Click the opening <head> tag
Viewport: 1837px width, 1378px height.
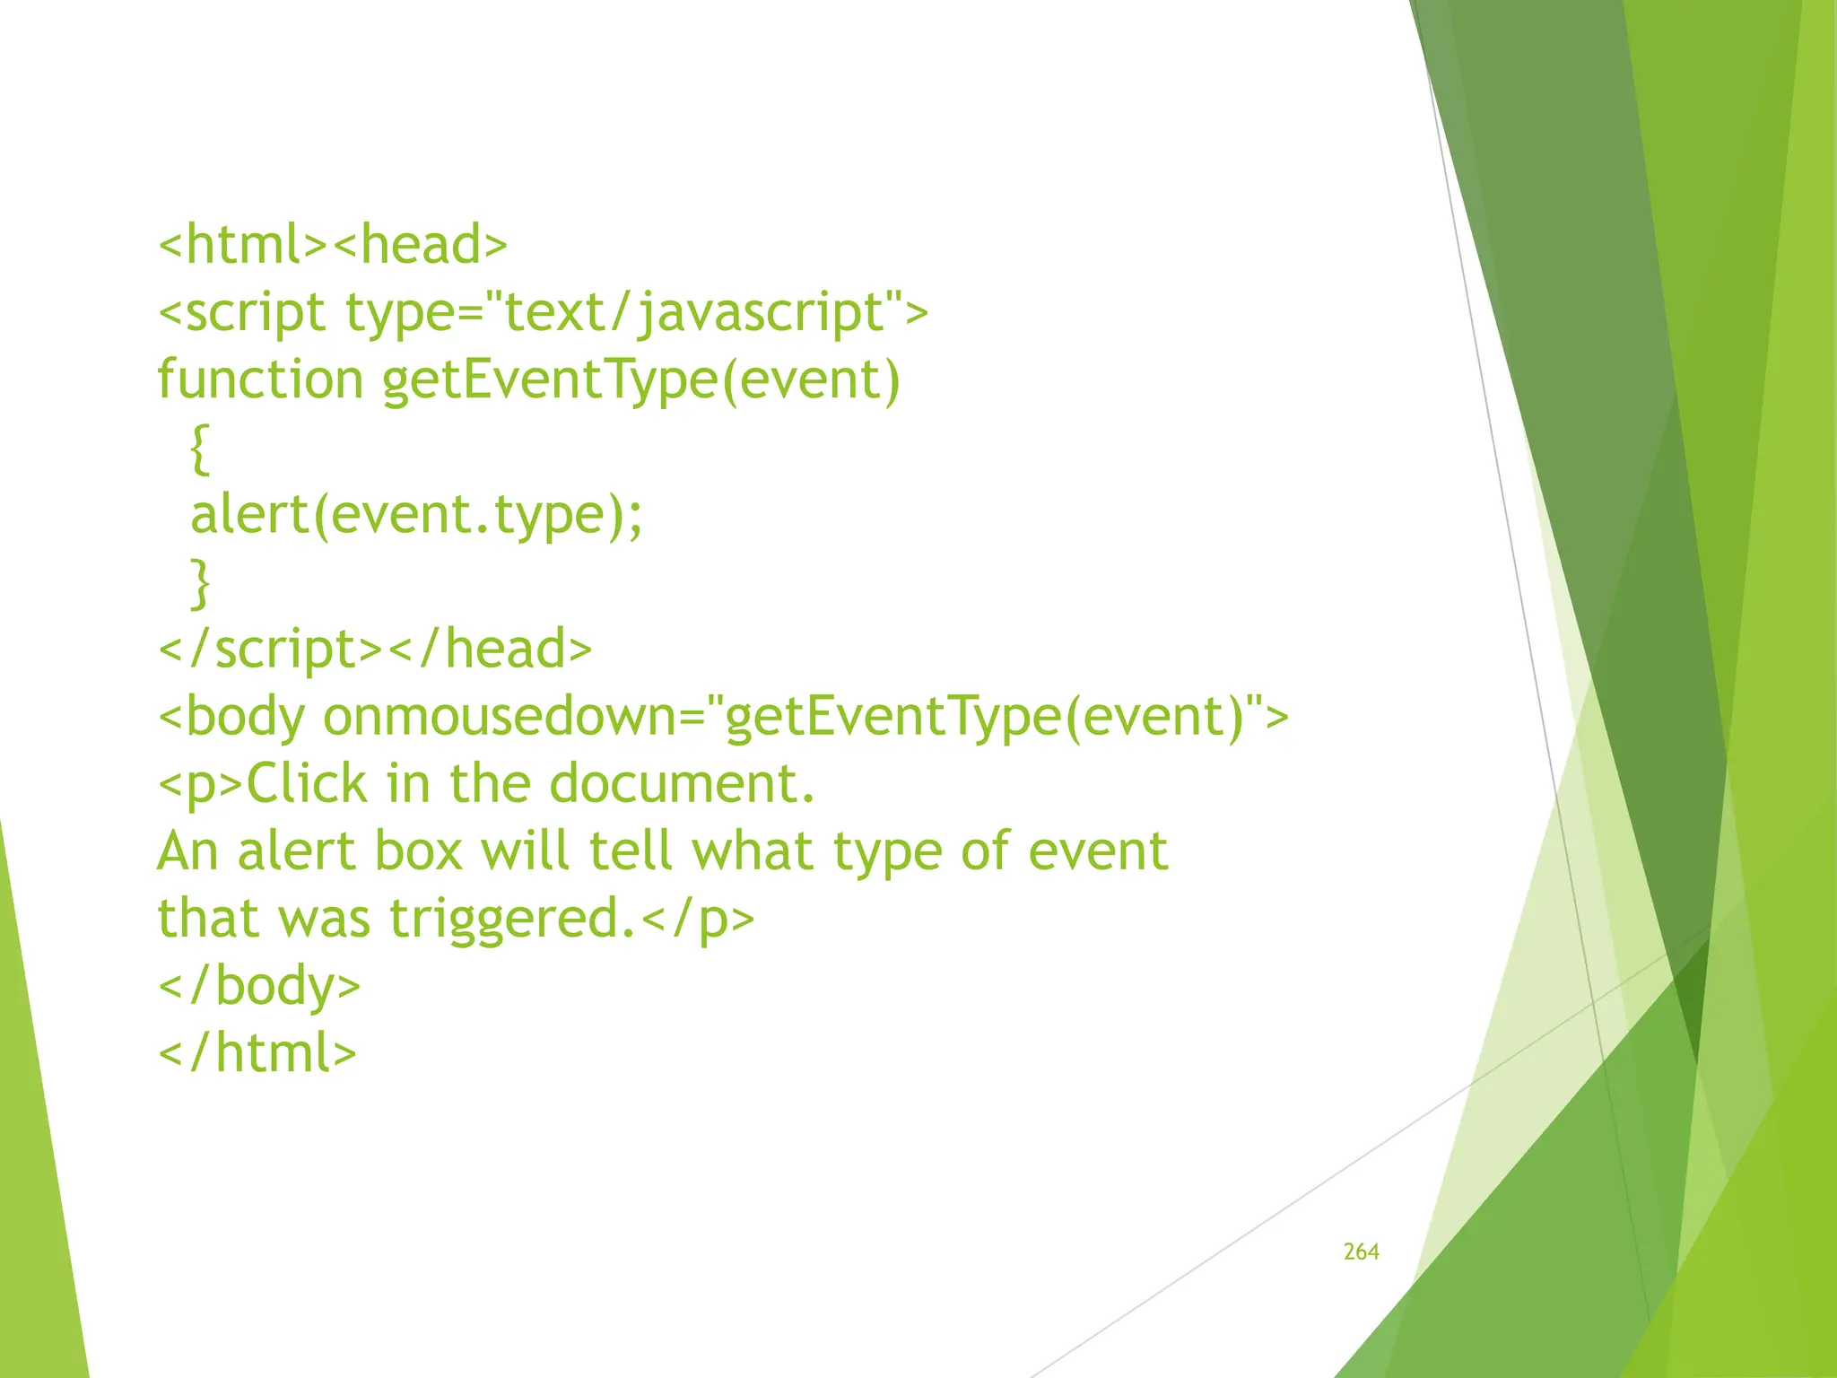(x=420, y=245)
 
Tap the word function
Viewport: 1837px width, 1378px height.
(x=260, y=379)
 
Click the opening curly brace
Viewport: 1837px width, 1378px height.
(x=201, y=449)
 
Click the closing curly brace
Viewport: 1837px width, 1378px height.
(x=201, y=583)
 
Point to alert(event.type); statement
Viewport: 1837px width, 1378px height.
(x=416, y=515)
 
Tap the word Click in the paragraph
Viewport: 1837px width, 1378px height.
(x=306, y=784)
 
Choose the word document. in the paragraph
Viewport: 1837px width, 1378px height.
(x=682, y=784)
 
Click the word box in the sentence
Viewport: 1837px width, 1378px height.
(x=418, y=851)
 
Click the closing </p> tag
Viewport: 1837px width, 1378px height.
(x=699, y=920)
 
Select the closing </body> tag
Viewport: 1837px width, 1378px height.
(x=259, y=986)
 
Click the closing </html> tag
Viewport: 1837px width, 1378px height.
(x=257, y=1053)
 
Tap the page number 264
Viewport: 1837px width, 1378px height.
(x=1361, y=1252)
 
